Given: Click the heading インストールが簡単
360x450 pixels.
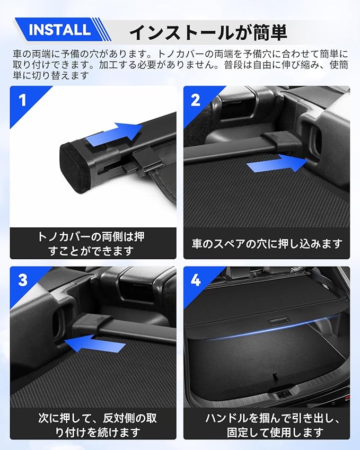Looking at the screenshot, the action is [x=208, y=32].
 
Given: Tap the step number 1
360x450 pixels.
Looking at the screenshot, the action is [x=22, y=101].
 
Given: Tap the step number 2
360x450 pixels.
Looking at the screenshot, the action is [x=196, y=100].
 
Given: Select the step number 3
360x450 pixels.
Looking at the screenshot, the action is [x=22, y=280].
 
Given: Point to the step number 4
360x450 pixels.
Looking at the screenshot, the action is [x=196, y=280].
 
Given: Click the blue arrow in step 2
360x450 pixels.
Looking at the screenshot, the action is [x=277, y=164].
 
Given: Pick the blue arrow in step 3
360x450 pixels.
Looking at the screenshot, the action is [x=95, y=343].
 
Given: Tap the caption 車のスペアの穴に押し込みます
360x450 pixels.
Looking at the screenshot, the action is [x=267, y=244].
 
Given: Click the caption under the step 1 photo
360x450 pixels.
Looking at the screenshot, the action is [x=91, y=244].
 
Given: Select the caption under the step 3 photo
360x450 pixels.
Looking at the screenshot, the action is [x=98, y=425].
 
